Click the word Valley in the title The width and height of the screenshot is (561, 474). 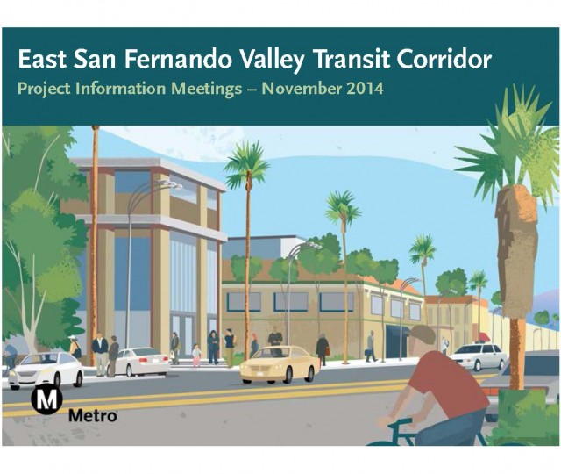tap(272, 60)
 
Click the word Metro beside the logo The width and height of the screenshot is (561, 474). tap(93, 416)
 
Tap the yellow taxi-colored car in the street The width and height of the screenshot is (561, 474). tap(280, 365)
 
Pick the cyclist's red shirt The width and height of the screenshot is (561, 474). tap(449, 384)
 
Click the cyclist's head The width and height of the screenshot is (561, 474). tap(422, 339)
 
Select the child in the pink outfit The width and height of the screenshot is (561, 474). tap(196, 355)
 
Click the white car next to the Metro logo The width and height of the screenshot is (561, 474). tap(46, 370)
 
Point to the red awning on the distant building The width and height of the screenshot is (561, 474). tap(485, 337)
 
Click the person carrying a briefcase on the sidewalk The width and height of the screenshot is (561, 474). tap(370, 346)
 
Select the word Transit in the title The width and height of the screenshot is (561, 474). tap(351, 59)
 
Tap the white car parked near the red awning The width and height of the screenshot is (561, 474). tap(479, 356)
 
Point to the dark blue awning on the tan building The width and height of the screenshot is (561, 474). tap(397, 330)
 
